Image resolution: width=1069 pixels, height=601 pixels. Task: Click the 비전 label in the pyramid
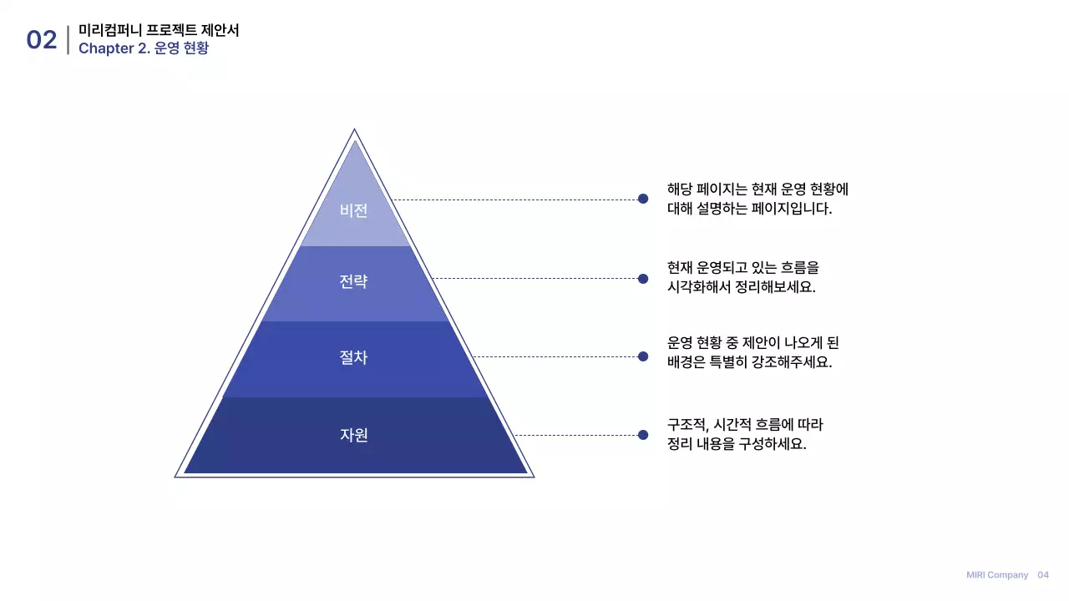pos(353,210)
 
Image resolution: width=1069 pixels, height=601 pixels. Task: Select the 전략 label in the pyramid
pos(353,282)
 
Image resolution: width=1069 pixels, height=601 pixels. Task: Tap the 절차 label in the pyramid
pos(353,358)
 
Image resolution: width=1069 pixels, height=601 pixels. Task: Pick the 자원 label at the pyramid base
pos(353,435)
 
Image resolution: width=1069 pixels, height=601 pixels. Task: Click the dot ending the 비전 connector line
pos(643,199)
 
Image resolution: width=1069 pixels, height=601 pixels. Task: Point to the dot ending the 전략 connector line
pos(643,279)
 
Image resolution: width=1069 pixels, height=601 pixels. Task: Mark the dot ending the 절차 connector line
pos(643,356)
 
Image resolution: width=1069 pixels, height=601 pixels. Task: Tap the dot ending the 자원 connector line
pos(643,435)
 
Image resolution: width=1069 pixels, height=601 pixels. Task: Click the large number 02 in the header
pos(42,40)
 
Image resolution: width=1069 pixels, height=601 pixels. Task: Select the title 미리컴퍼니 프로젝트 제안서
pos(159,30)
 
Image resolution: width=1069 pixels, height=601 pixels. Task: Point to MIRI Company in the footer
pos(997,575)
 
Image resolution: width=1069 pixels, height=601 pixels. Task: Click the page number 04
pos(1043,575)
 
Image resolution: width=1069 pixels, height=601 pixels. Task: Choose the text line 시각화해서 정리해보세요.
pos(741,287)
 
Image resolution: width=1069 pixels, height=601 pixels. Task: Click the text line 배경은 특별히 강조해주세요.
pos(749,363)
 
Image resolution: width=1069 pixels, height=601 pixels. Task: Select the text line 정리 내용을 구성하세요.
pos(737,444)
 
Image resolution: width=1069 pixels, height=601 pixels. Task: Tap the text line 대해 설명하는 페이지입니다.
pos(749,209)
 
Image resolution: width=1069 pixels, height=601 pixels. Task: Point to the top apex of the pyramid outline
pos(354,130)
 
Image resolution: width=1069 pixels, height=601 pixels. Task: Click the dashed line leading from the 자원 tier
pos(576,435)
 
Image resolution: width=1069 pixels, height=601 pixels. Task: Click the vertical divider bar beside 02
pos(68,40)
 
